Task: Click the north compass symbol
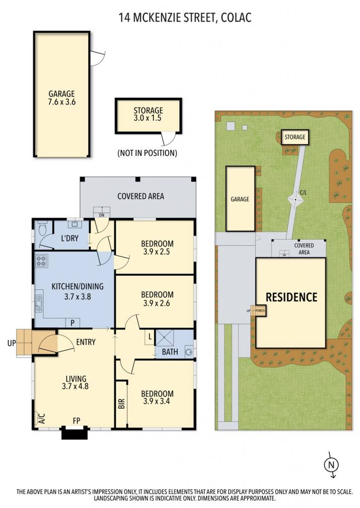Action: (331, 465)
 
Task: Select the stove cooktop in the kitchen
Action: (42, 261)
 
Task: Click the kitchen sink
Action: (39, 304)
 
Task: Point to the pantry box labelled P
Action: (72, 322)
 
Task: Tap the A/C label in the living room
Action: (42, 419)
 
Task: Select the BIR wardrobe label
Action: (122, 404)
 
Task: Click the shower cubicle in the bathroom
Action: (164, 337)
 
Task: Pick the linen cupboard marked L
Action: (150, 337)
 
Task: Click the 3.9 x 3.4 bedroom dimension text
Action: (157, 401)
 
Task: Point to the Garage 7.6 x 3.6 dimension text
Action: (62, 102)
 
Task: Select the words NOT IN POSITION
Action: (147, 153)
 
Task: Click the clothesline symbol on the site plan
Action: (296, 200)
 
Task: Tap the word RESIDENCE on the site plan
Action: (291, 297)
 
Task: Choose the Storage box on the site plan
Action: (295, 137)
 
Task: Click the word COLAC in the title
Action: (236, 17)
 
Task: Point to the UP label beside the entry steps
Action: (11, 343)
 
